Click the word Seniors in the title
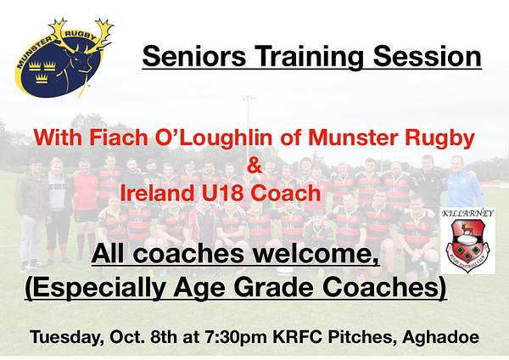pyautogui.click(x=193, y=56)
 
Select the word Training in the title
pyautogui.click(x=309, y=58)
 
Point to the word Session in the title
pyautogui.click(x=428, y=56)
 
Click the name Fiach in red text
pyautogui.click(x=119, y=138)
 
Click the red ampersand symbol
pyautogui.click(x=255, y=166)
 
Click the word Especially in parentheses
pyautogui.click(x=96, y=288)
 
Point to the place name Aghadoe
pyautogui.click(x=440, y=338)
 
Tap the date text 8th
pyautogui.click(x=164, y=337)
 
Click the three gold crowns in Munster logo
pyautogui.click(x=42, y=72)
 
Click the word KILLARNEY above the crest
pyautogui.click(x=467, y=213)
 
